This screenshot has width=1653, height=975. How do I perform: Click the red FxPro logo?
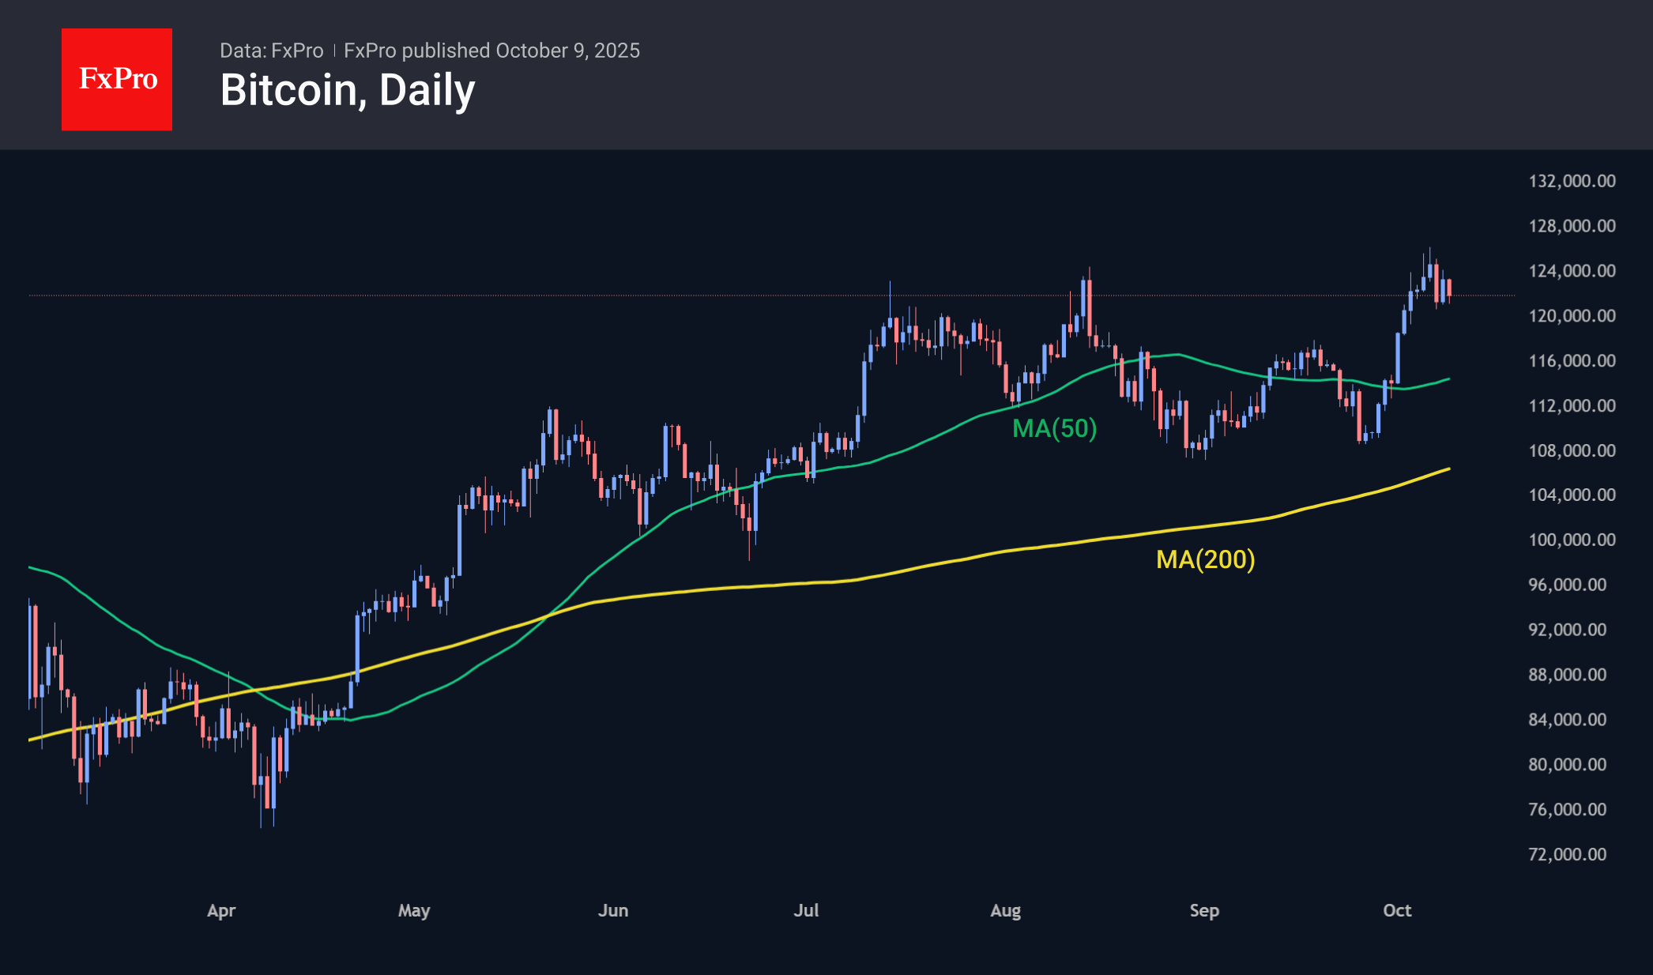pyautogui.click(x=117, y=79)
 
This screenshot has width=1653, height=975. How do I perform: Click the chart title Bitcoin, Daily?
pyautogui.click(x=348, y=90)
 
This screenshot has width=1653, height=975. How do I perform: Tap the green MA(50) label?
pyautogui.click(x=1054, y=428)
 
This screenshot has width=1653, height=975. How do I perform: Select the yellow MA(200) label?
pyautogui.click(x=1205, y=559)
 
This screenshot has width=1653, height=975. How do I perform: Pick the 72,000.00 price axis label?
pyautogui.click(x=1567, y=854)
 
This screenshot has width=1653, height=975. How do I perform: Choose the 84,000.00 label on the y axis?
pyautogui.click(x=1567, y=720)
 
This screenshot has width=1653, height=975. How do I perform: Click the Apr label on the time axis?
pyautogui.click(x=221, y=910)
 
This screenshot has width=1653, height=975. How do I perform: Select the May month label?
pyautogui.click(x=414, y=910)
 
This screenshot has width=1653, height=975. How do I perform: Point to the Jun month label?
pyautogui.click(x=613, y=910)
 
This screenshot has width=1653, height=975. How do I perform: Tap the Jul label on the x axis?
pyautogui.click(x=806, y=910)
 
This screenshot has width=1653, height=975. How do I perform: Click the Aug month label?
pyautogui.click(x=1005, y=910)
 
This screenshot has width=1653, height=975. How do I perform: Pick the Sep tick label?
pyautogui.click(x=1204, y=910)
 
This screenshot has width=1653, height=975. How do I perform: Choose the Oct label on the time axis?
pyautogui.click(x=1397, y=910)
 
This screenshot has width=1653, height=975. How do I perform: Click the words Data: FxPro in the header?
pyautogui.click(x=271, y=51)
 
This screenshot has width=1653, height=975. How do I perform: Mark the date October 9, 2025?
pyautogui.click(x=567, y=51)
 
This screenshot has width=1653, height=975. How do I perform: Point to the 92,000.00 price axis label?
pyautogui.click(x=1567, y=630)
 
